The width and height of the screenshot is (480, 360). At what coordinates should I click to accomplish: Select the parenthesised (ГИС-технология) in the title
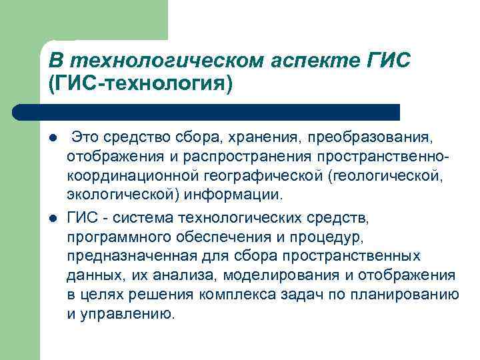tap(142, 85)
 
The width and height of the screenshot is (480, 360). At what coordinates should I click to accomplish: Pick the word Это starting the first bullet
tap(86, 138)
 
